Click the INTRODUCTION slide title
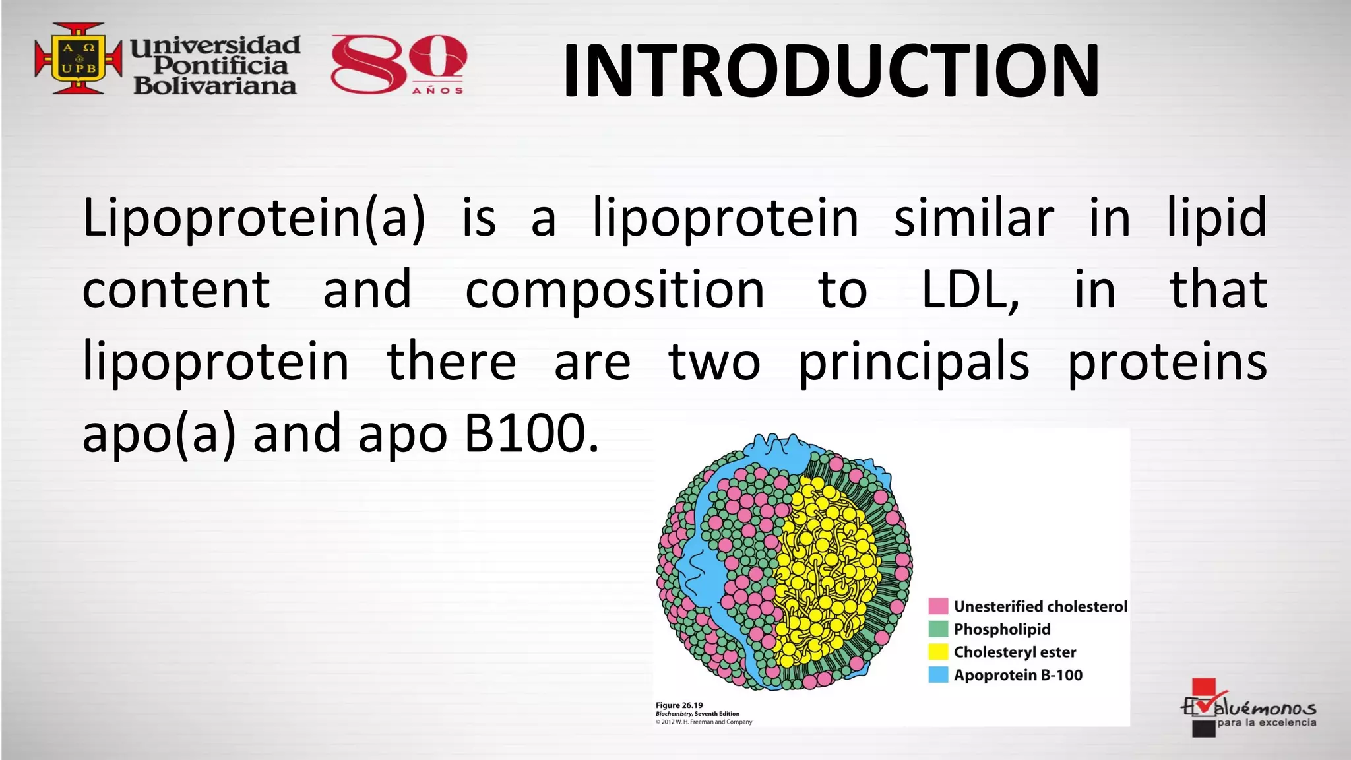pyautogui.click(x=831, y=70)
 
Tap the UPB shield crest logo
pyautogui.click(x=78, y=58)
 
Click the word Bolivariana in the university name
pyautogui.click(x=215, y=86)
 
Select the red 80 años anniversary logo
pyautogui.click(x=398, y=64)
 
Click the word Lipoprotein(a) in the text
pyautogui.click(x=254, y=217)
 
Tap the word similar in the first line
pyautogui.click(x=974, y=217)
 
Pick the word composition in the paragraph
pyautogui.click(x=615, y=290)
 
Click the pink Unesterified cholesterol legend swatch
pyautogui.click(x=938, y=606)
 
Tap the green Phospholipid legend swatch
pyautogui.click(x=938, y=629)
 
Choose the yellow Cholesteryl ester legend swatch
pyautogui.click(x=938, y=652)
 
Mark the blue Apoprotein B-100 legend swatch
pyautogui.click(x=938, y=675)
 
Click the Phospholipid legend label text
pyautogui.click(x=1002, y=629)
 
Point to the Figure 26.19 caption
pyautogui.click(x=679, y=705)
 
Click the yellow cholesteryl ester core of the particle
pyautogui.click(x=825, y=567)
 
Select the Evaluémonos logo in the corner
pyautogui.click(x=1247, y=709)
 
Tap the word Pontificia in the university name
pyautogui.click(x=220, y=65)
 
